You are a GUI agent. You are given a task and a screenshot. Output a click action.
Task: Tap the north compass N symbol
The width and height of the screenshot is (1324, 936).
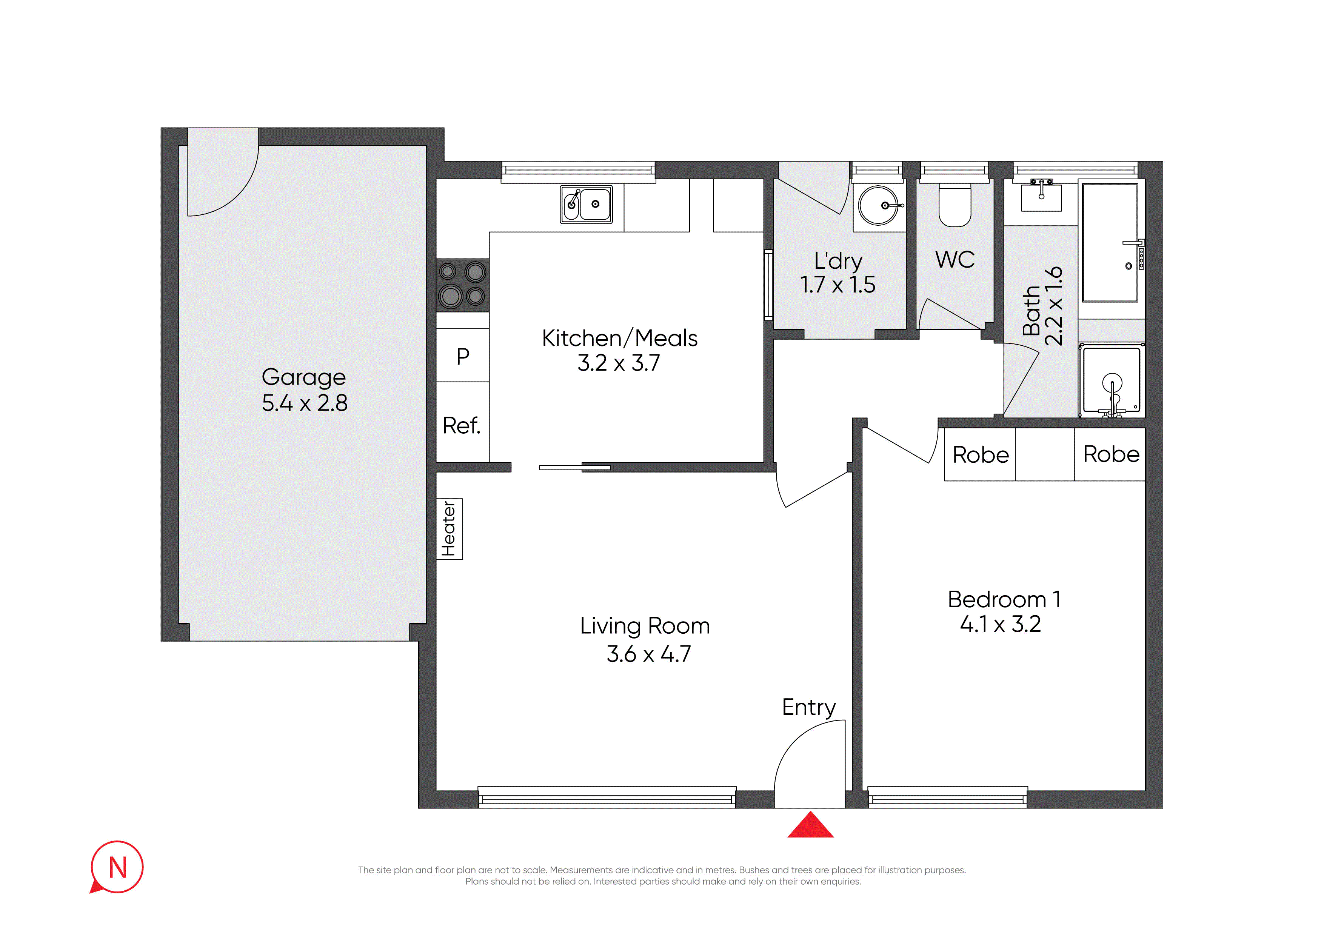[x=117, y=867]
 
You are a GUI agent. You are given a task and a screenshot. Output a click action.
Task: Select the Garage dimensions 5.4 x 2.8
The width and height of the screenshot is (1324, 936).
[x=305, y=403]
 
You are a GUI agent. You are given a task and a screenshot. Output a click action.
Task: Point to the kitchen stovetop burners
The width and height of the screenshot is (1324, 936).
[x=462, y=285]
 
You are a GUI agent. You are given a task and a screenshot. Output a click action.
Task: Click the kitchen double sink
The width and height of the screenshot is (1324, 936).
[x=586, y=204]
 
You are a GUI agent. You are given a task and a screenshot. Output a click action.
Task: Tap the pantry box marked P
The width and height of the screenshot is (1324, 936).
[x=462, y=355]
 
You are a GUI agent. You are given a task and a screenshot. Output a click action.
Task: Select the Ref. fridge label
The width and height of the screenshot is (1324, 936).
[x=461, y=426]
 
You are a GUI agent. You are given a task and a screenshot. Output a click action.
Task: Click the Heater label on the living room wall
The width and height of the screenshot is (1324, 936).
[x=449, y=529]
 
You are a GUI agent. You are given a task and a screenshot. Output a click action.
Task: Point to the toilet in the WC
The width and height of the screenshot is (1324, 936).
[x=955, y=205]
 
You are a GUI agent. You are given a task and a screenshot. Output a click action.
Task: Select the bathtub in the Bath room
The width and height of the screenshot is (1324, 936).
[x=1110, y=243]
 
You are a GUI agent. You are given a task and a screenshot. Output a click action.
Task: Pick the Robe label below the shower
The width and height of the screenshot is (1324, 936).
[x=1111, y=454]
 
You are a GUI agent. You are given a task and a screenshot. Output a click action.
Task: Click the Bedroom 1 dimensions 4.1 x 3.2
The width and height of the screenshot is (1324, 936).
[x=1001, y=624]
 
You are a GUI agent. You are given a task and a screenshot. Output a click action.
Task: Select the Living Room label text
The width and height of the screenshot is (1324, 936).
[x=645, y=626]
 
